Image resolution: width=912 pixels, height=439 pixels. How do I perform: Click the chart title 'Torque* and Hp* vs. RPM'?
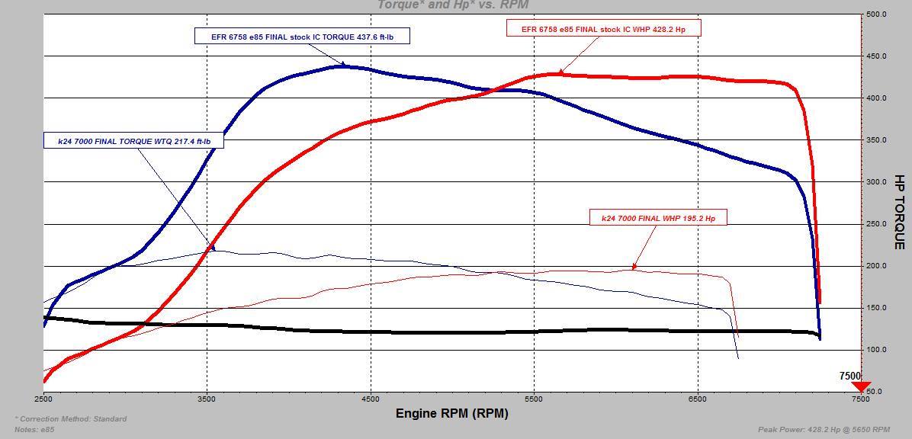click(453, 5)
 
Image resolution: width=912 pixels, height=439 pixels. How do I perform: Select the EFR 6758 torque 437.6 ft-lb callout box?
click(302, 36)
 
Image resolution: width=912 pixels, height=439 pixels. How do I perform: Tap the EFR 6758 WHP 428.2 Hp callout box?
click(602, 29)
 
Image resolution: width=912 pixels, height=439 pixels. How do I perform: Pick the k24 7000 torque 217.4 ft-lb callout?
click(133, 141)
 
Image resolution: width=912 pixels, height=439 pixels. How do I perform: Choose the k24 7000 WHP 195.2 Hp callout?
click(658, 218)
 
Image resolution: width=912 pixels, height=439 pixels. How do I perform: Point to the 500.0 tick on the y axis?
click(876, 14)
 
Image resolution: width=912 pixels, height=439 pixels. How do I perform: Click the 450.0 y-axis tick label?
click(876, 56)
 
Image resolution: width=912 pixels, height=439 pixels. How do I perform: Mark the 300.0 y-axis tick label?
click(876, 182)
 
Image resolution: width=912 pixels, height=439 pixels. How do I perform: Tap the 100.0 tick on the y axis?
click(876, 350)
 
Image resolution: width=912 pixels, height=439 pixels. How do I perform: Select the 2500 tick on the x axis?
click(43, 399)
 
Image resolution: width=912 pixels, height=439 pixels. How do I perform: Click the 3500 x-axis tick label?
click(207, 399)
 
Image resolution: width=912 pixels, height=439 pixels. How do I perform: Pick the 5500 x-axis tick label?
click(534, 399)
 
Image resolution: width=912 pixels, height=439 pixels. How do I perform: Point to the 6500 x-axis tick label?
click(697, 399)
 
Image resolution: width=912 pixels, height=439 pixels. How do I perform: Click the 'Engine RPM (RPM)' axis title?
click(451, 414)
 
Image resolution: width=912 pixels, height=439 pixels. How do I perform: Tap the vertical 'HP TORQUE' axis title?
click(900, 212)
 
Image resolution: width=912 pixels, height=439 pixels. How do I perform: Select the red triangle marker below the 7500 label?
click(861, 387)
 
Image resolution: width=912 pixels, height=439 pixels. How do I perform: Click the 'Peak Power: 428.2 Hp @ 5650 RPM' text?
click(824, 429)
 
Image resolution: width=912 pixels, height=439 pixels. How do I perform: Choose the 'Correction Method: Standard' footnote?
click(71, 419)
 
